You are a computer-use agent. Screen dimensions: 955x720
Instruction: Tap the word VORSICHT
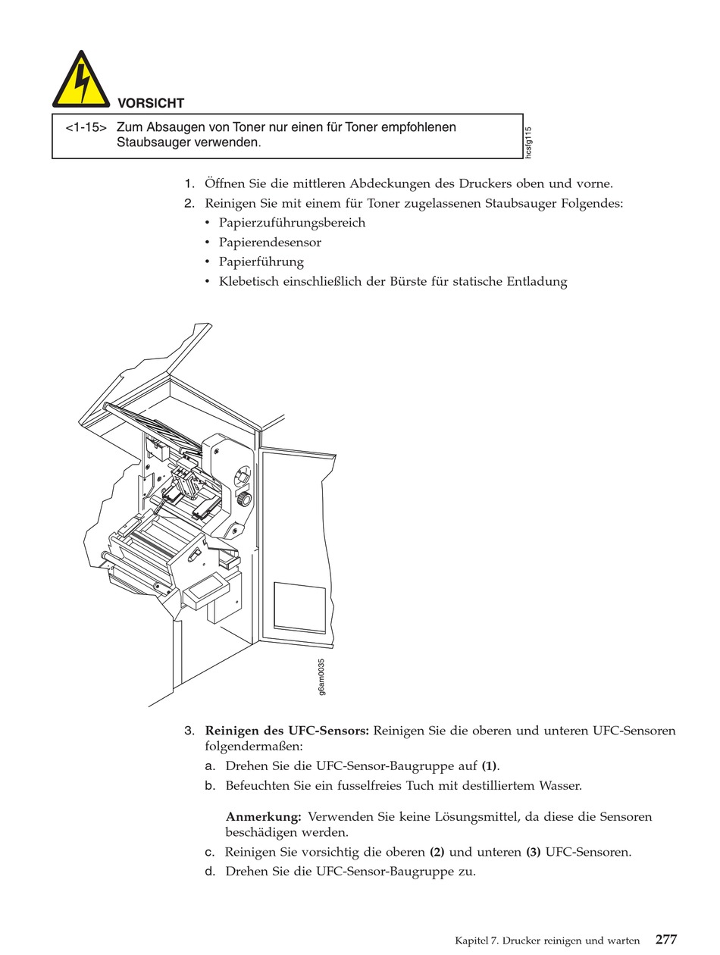point(151,103)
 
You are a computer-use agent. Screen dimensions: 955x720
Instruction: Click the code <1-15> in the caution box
point(85,127)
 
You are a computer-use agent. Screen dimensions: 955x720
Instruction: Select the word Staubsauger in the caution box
point(152,142)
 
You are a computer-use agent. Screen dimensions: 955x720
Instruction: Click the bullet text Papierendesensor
point(270,243)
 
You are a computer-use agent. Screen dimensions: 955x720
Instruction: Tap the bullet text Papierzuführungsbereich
point(292,223)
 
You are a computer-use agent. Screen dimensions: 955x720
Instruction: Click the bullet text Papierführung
point(261,262)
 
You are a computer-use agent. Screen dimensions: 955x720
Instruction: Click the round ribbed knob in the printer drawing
point(245,499)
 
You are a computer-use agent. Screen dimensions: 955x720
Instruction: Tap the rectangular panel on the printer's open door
point(299,607)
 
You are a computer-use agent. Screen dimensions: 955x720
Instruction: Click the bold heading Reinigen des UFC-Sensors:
point(286,731)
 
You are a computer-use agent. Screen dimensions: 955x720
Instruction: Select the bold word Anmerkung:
point(264,817)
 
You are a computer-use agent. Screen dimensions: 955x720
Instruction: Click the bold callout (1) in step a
point(490,766)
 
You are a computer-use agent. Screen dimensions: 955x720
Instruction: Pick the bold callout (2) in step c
point(437,852)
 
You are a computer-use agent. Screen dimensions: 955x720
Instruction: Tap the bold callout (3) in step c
point(534,852)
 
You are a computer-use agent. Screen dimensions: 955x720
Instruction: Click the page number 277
point(666,940)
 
